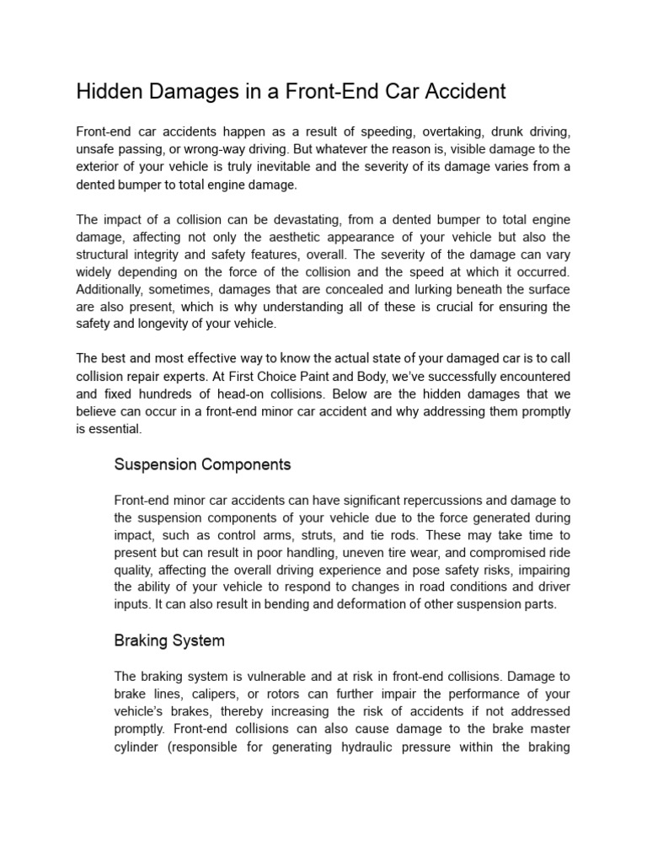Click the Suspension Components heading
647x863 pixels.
coord(202,464)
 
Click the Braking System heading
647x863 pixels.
coord(169,641)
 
